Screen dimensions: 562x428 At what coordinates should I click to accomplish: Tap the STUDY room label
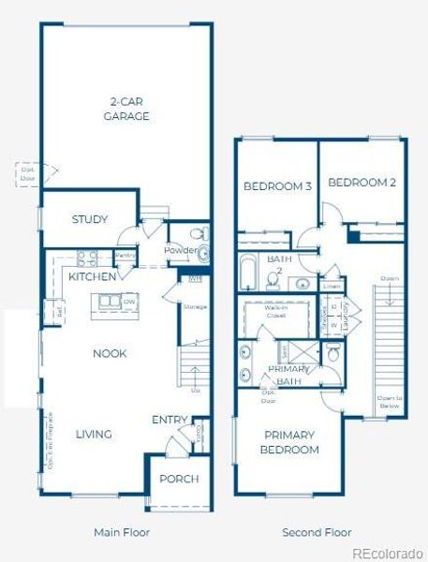pos(90,219)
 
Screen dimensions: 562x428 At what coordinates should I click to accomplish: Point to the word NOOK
pos(110,353)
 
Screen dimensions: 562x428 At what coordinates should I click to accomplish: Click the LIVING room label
pos(94,434)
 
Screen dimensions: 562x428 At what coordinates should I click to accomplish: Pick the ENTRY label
pos(170,420)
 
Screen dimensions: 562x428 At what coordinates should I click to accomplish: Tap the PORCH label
pos(178,479)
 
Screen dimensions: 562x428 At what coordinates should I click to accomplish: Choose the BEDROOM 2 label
pos(362,183)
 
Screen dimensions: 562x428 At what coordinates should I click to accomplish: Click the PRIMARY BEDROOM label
pos(290,442)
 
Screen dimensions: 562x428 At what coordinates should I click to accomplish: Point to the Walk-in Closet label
pos(275,310)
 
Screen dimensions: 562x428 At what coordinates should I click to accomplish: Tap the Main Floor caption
pos(121,532)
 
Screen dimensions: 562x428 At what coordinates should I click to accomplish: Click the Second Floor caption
pos(317,532)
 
